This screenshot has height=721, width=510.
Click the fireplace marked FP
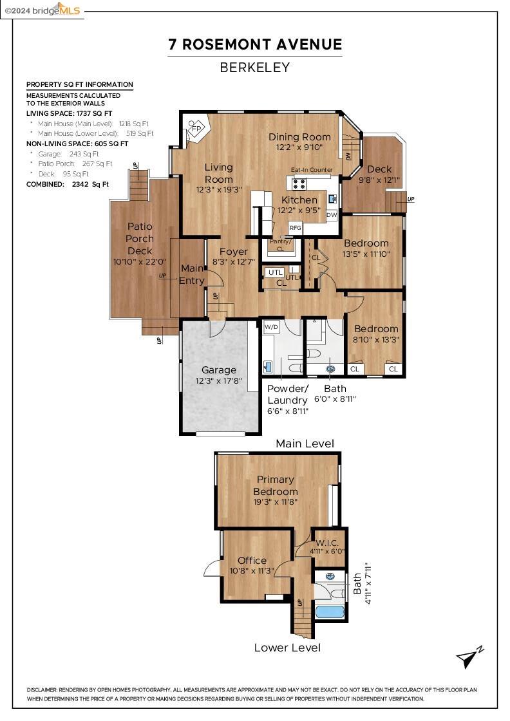[197, 129]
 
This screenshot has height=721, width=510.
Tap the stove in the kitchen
[299, 183]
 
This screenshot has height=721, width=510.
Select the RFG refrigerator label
[295, 228]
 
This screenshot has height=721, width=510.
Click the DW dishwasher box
[332, 215]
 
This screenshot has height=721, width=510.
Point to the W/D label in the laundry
[271, 327]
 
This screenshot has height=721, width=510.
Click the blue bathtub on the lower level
[329, 612]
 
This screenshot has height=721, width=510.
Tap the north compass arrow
[469, 657]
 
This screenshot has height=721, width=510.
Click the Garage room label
[219, 370]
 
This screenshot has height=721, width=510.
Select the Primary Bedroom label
[276, 485]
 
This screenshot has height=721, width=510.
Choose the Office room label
[252, 560]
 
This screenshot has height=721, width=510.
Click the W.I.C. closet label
[327, 543]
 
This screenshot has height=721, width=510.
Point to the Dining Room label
[299, 136]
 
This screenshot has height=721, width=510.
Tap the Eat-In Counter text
[312, 170]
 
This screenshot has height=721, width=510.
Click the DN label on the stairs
[348, 156]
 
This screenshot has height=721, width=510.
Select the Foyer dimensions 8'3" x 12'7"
[234, 262]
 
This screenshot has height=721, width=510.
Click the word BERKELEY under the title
[255, 68]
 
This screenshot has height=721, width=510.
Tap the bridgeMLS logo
[42, 10]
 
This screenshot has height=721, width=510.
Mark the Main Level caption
[305, 444]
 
